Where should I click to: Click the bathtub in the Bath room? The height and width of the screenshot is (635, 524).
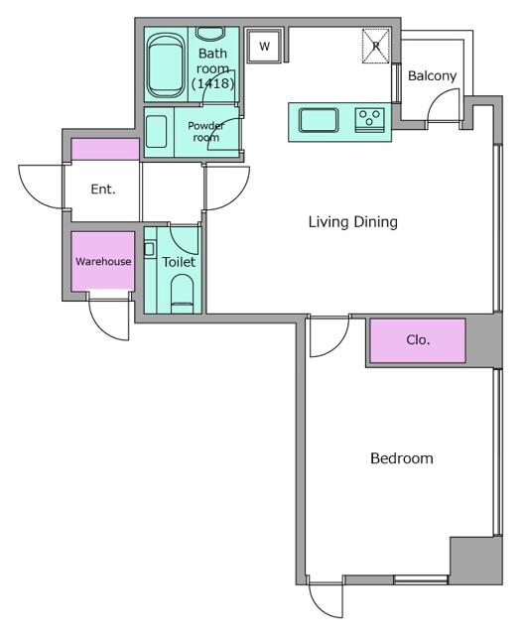(x=165, y=65)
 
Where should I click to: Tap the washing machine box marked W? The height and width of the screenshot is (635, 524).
(x=264, y=46)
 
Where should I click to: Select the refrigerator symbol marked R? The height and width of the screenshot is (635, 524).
(x=376, y=46)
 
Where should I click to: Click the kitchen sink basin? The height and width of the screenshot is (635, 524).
(x=319, y=120)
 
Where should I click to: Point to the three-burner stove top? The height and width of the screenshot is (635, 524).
(x=370, y=120)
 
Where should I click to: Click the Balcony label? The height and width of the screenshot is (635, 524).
(x=432, y=75)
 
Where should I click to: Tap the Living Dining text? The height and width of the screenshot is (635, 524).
(x=352, y=222)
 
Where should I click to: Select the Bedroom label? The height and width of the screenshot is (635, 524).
(x=402, y=458)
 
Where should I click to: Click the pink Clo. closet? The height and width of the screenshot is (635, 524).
(x=418, y=340)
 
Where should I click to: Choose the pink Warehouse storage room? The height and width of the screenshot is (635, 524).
(x=103, y=261)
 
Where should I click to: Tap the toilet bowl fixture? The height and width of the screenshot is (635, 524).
(x=183, y=294)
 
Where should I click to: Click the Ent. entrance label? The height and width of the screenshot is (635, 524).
(x=103, y=190)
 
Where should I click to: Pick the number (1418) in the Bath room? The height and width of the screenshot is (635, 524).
(x=213, y=83)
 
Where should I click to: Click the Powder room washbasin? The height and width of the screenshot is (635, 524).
(x=157, y=132)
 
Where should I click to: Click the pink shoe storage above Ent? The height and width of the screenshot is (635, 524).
(x=105, y=150)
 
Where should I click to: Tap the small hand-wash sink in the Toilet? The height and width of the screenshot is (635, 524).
(x=149, y=249)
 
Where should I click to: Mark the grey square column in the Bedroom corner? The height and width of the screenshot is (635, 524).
(x=476, y=561)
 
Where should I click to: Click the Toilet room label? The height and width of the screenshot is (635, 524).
(x=179, y=262)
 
